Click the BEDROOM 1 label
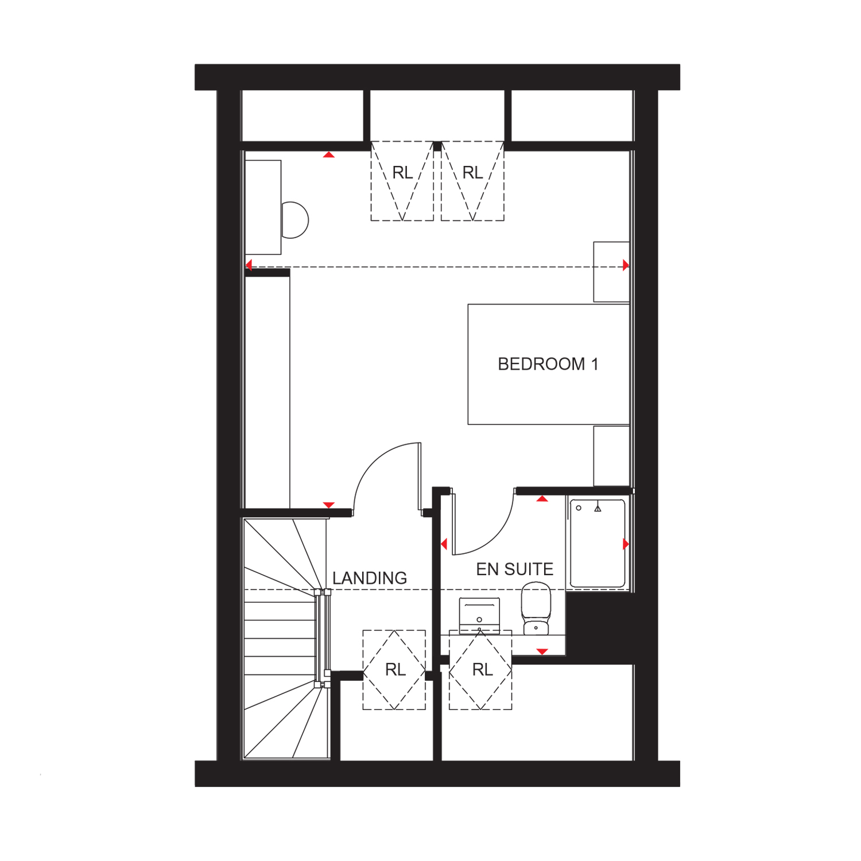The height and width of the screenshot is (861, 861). click(x=548, y=364)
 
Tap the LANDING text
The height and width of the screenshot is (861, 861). click(x=370, y=578)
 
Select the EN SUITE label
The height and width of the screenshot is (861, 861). click(x=515, y=569)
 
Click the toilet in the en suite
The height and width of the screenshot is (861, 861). click(x=536, y=608)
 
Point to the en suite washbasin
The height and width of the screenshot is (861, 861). click(x=479, y=615)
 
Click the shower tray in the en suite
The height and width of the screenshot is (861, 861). click(x=598, y=543)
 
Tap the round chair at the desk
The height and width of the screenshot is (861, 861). click(x=296, y=220)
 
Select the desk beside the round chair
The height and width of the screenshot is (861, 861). click(x=263, y=207)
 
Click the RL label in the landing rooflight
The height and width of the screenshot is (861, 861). click(x=395, y=670)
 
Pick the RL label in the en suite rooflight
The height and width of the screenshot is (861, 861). click(x=482, y=670)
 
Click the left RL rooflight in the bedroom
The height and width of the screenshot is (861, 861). click(x=402, y=181)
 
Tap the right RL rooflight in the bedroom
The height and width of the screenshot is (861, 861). click(x=472, y=181)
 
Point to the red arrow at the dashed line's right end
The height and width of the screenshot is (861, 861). click(x=626, y=265)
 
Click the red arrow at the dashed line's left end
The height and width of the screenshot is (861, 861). click(x=249, y=265)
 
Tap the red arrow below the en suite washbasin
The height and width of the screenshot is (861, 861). click(x=542, y=651)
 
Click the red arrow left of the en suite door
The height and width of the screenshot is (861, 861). click(x=444, y=544)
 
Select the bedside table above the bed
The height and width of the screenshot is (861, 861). click(x=611, y=272)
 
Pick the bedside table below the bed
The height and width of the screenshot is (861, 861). click(x=611, y=456)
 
